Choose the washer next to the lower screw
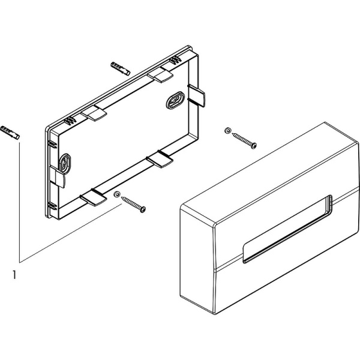117,195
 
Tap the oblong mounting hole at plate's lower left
65,163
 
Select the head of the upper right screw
254,145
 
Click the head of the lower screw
143,209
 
